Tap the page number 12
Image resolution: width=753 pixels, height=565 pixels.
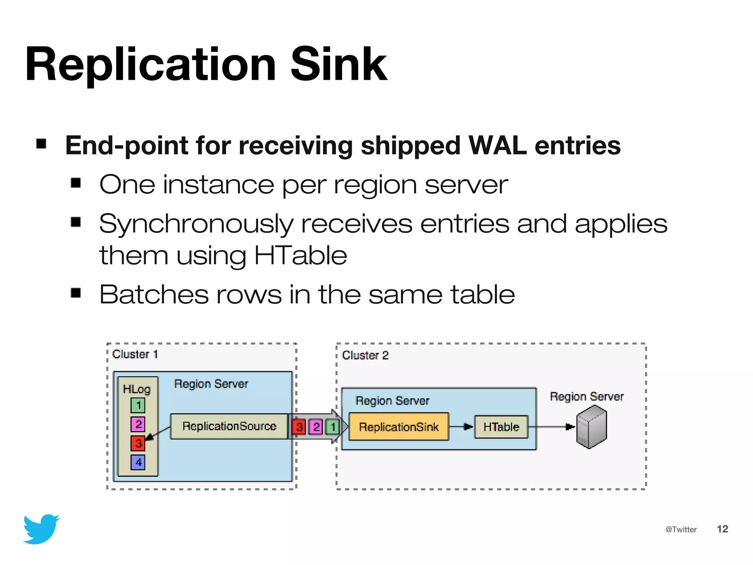click(722, 529)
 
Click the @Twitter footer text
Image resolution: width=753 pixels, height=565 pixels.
click(681, 529)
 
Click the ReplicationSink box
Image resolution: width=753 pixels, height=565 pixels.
click(399, 427)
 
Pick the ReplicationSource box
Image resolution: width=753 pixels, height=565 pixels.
click(229, 426)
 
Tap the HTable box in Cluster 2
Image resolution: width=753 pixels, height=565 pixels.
click(501, 427)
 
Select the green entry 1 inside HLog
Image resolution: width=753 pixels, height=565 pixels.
click(138, 405)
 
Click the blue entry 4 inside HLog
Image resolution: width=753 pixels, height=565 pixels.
click(138, 462)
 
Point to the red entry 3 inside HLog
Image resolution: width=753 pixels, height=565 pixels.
click(138, 443)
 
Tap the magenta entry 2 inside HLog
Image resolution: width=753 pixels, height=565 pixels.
click(138, 424)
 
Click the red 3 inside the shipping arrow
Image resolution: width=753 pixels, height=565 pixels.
click(299, 427)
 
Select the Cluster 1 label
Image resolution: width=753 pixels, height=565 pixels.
click(135, 354)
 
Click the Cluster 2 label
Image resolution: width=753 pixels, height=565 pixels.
click(365, 355)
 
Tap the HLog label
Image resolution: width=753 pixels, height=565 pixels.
click(136, 389)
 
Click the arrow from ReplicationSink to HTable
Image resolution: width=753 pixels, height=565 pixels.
click(461, 427)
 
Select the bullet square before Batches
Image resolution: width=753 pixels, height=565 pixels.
click(76, 293)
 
